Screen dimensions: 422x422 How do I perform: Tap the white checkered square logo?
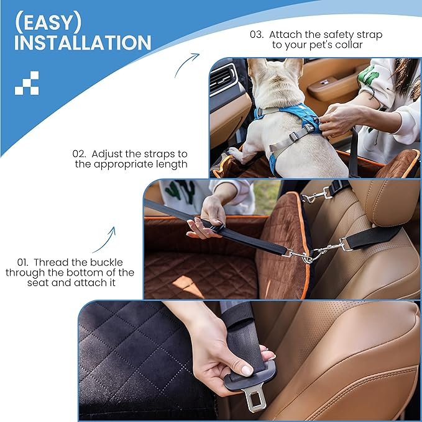[x=27, y=83]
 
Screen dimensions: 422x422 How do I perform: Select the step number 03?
[x=257, y=35]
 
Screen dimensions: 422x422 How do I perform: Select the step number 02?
[x=79, y=153]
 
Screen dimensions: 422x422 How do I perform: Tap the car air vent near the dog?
[x=223, y=81]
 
